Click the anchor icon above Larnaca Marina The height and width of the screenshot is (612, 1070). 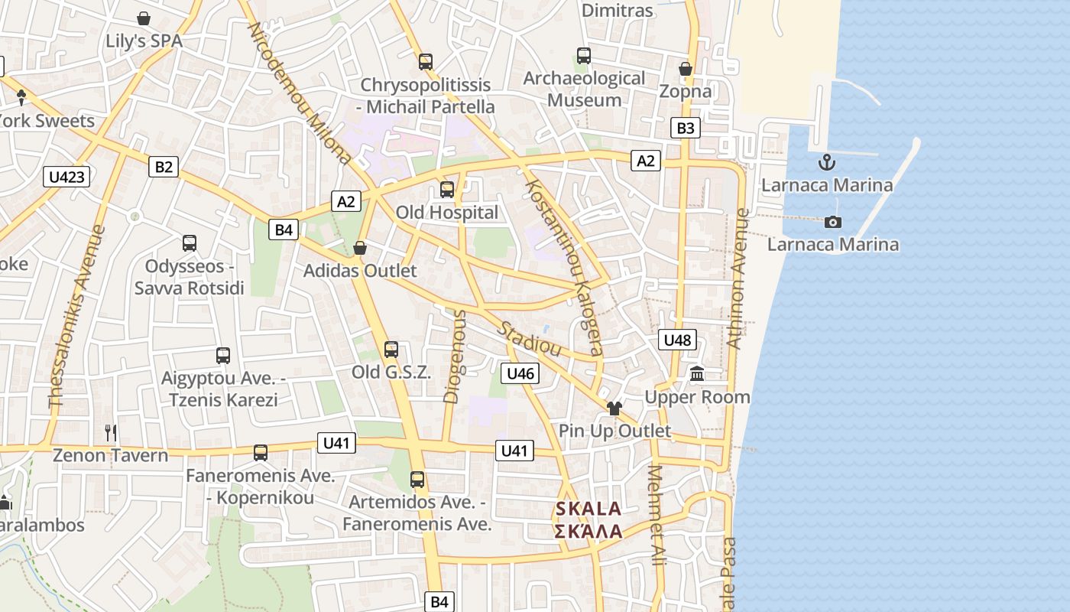click(826, 161)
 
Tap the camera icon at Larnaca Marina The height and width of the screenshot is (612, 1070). click(833, 222)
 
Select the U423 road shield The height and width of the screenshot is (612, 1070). click(66, 177)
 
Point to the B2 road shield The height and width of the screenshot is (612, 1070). click(164, 167)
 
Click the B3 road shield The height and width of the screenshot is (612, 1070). click(686, 128)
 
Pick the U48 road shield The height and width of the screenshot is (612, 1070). click(678, 340)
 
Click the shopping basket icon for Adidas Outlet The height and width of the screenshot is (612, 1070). click(360, 248)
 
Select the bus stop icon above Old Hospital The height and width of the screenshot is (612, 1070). click(447, 189)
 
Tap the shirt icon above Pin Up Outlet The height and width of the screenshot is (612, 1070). click(614, 408)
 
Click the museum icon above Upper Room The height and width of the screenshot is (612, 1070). click(697, 374)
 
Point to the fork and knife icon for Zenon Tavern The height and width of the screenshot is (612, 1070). click(111, 433)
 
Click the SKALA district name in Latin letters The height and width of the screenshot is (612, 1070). click(588, 509)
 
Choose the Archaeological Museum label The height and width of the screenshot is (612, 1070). click(585, 89)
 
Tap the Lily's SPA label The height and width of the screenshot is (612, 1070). click(144, 41)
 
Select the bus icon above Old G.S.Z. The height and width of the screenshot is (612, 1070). click(391, 350)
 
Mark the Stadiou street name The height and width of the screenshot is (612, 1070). click(530, 339)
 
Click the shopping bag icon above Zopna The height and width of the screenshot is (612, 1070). click(686, 69)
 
